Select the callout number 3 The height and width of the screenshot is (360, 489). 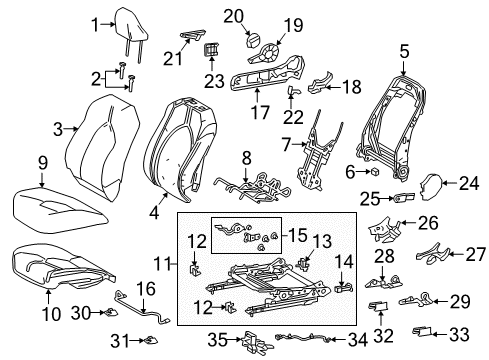(57, 127)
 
